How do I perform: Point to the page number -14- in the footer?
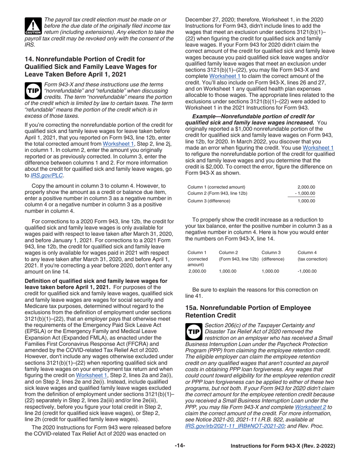click(x=180, y=446)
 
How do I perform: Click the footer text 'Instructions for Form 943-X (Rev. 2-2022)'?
click(x=283, y=446)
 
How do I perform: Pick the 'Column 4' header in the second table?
click(x=307, y=252)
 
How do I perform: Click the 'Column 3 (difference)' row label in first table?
click(x=209, y=201)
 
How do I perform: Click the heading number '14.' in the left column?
click(x=30, y=59)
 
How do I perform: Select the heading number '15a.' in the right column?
click(x=192, y=308)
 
